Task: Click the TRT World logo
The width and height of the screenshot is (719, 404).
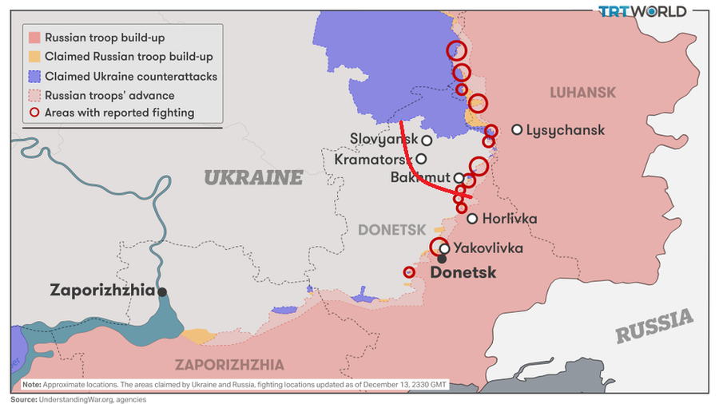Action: (x=642, y=11)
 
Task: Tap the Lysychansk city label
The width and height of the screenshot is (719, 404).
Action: (x=566, y=130)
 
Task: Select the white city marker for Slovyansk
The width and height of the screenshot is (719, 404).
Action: (x=427, y=140)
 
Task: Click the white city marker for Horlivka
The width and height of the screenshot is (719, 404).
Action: (x=472, y=218)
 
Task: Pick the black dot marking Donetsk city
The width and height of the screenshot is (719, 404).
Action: (x=441, y=259)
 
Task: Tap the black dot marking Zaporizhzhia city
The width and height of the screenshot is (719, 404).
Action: (x=162, y=292)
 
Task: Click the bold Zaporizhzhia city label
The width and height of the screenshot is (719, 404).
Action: (x=101, y=291)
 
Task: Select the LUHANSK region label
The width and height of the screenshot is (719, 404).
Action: (x=582, y=93)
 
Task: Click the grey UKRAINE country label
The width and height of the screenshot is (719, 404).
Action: (x=254, y=177)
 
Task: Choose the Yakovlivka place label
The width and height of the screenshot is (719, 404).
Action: (x=488, y=248)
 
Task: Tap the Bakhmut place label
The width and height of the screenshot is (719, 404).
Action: (x=421, y=177)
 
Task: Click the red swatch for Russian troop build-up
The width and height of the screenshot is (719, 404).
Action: (x=34, y=38)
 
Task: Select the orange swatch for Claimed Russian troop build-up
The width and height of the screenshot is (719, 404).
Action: (x=34, y=57)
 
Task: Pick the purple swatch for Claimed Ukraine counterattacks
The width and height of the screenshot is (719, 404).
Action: (x=34, y=76)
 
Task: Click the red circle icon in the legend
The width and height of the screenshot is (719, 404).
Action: (x=34, y=113)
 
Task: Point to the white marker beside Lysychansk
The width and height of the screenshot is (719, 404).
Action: (x=517, y=129)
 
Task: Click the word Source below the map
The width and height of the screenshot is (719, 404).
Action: (x=23, y=398)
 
